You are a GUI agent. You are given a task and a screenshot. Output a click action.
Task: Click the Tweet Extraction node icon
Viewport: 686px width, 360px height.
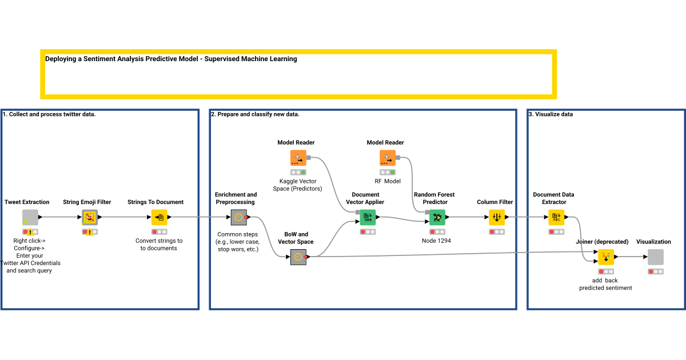30,217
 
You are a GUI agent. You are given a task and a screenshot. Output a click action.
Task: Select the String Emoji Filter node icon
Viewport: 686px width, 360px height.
90,217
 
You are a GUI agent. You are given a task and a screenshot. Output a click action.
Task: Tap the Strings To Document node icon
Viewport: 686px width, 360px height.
159,217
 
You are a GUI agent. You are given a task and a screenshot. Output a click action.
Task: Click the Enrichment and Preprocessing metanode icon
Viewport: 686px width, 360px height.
238,217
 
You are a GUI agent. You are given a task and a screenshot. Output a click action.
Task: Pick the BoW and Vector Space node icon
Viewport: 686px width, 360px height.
298,257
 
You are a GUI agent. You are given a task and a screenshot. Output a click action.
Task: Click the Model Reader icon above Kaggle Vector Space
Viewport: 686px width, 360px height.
298,158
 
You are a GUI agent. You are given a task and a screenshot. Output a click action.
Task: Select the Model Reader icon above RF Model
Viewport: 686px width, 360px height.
387,158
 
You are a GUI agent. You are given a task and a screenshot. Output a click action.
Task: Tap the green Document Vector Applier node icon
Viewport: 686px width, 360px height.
368,217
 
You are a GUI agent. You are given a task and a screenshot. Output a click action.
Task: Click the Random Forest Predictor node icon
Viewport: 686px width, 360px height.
437,217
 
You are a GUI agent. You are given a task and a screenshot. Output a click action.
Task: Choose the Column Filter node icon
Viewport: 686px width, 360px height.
497,217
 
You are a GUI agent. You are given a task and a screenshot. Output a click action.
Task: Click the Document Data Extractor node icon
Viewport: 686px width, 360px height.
556,217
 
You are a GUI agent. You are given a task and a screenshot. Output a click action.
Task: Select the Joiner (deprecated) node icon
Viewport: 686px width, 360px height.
606,257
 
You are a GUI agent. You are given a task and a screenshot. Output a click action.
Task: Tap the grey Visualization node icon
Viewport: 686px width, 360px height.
656,257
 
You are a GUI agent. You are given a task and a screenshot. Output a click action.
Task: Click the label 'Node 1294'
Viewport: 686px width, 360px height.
437,241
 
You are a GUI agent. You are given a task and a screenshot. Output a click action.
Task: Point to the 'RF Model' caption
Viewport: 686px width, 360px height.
387,181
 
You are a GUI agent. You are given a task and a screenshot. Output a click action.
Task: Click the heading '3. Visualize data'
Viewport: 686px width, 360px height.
551,114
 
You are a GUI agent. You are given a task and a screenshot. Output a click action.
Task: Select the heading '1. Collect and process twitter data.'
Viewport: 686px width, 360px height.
49,114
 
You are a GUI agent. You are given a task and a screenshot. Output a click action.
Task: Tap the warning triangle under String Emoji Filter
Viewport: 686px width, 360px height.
90,233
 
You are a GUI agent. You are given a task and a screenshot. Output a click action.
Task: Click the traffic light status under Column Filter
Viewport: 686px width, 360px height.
497,232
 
